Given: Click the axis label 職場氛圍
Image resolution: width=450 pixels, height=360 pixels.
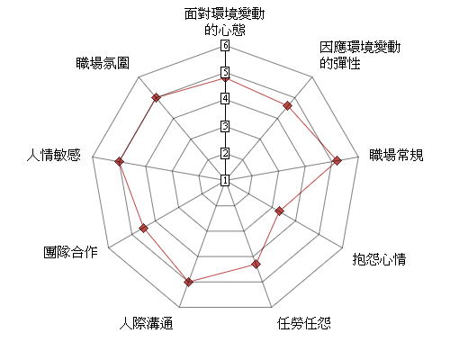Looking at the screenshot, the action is pos(103,63).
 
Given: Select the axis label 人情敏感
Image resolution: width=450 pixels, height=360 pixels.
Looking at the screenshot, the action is pos(54,155).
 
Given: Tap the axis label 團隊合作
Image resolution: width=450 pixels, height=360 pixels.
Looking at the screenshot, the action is pos(70,252).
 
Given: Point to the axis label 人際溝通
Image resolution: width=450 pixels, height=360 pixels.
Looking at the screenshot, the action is pos(146,323).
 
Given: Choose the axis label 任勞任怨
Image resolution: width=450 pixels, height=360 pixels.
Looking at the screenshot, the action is pos(304,323).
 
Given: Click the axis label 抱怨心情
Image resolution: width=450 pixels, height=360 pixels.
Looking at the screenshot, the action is pos(379,258).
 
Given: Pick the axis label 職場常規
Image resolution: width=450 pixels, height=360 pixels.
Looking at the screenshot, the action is pos(396,155).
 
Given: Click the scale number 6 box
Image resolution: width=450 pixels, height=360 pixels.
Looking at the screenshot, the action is pos(225,46).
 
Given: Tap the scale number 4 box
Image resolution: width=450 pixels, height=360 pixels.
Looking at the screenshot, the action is pos(225,99).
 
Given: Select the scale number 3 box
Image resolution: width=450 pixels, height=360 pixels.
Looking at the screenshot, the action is pos(225,126).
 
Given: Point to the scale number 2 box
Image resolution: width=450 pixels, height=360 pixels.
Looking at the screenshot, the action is pos(225,153).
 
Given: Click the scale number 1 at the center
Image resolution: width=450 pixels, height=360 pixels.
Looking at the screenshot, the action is pos(225,180).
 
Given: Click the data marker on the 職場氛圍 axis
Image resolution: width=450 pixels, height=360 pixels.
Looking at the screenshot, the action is pos(156,97).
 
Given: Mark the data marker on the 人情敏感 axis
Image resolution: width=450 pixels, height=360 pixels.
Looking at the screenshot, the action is pos(119,161).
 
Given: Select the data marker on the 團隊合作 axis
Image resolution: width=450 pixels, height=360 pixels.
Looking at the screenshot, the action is pos(144,228).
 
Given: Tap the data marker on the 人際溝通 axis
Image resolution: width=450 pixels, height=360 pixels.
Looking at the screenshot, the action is pos(188,282).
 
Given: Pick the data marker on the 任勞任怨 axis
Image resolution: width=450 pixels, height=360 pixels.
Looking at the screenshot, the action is pos(256,265).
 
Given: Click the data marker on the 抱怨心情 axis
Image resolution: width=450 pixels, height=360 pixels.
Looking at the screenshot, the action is pos(279,211).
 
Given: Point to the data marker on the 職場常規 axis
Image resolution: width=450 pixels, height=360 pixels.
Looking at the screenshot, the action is pos(337,160).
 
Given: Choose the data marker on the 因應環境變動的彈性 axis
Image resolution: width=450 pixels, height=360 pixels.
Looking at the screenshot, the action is pos(288,105).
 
